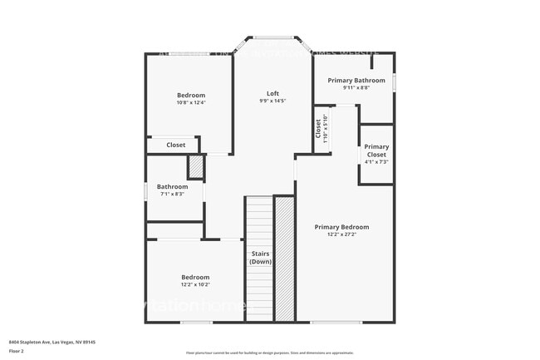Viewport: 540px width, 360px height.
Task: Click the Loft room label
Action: [272, 93]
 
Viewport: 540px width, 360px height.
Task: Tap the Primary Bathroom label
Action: [356, 81]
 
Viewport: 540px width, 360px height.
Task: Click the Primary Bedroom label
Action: [341, 226]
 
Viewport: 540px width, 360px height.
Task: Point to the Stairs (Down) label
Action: [259, 257]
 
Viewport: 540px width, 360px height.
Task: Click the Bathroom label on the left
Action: [174, 187]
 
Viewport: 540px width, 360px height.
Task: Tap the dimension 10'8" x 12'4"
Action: [190, 103]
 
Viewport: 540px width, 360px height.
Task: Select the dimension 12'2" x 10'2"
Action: [195, 284]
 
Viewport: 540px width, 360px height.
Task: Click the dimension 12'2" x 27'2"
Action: [341, 234]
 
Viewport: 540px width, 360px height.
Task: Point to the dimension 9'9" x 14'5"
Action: [272, 101]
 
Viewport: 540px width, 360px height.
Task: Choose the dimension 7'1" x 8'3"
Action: [174, 194]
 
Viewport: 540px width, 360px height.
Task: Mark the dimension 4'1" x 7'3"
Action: [376, 162]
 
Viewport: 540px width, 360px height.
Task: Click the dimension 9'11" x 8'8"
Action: [356, 88]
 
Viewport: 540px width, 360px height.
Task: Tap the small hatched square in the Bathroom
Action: [195, 166]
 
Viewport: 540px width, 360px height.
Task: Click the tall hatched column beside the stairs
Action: [284, 259]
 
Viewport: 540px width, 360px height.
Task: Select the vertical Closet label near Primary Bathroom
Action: [318, 129]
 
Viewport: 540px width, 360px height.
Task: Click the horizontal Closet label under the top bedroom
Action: [176, 145]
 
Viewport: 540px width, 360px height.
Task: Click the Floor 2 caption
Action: [17, 350]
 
